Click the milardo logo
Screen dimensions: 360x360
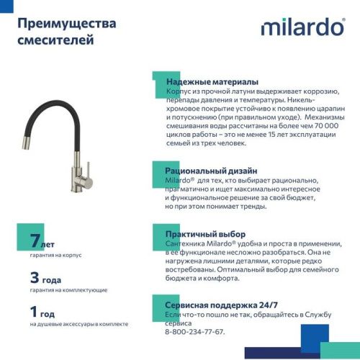click(x=302, y=27)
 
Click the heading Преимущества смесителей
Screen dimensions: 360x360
click(x=66, y=32)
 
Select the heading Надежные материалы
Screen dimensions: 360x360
click(x=212, y=82)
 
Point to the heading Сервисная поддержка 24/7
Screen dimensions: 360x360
click(x=224, y=305)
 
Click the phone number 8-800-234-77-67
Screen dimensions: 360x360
click(x=194, y=332)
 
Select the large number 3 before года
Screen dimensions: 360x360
click(x=35, y=277)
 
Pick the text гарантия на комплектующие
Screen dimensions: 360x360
click(x=68, y=290)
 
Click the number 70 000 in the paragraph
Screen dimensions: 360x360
click(x=321, y=124)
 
